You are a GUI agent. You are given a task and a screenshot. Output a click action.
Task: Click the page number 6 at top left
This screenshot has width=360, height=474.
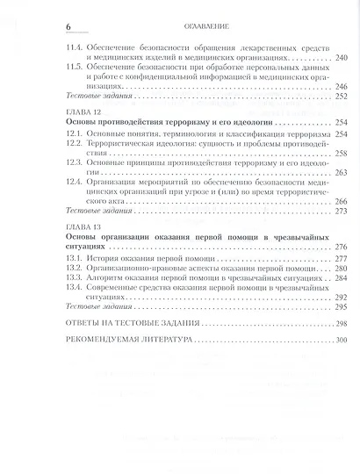58,18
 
